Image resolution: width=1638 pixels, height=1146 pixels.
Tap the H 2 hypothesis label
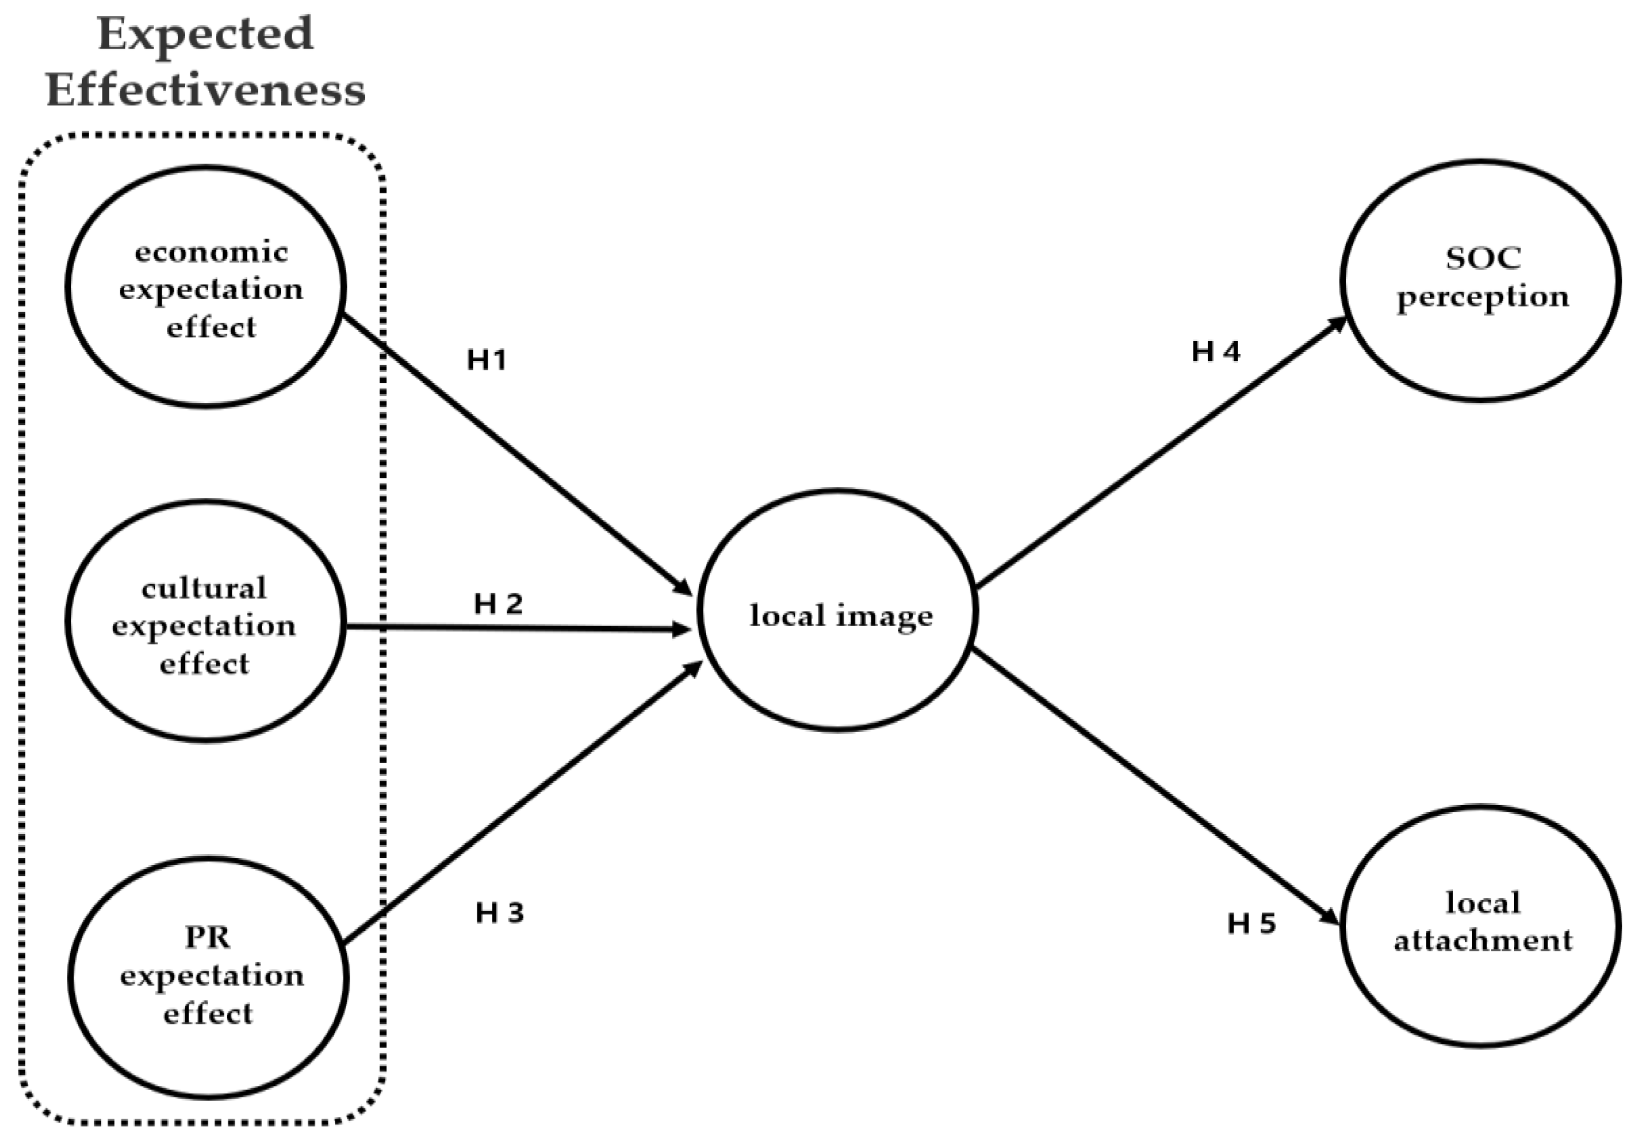498,604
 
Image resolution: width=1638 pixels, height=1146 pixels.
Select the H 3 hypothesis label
499,913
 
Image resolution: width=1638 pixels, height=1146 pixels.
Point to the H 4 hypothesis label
1215,351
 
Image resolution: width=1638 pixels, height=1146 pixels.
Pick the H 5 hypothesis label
1251,923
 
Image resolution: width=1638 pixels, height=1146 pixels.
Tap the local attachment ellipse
1481,926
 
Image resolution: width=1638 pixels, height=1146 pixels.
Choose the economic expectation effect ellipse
207,287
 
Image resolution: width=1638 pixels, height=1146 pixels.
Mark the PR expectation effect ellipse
209,977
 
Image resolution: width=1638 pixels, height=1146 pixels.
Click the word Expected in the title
206,34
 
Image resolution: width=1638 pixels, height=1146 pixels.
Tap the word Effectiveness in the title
206,91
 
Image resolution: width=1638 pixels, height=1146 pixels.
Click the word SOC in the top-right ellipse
1482,258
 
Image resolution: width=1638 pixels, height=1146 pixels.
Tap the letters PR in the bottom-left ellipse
207,937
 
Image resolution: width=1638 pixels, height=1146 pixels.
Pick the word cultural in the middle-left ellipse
204,589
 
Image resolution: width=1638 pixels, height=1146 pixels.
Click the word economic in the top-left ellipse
211,252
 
